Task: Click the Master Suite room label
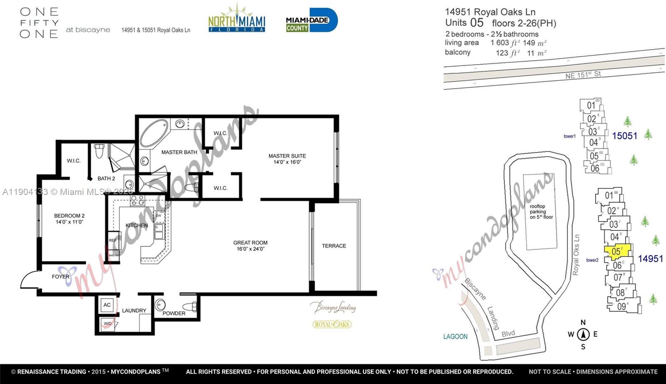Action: click(x=287, y=159)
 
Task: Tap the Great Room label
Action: click(x=250, y=245)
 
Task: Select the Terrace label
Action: click(x=334, y=246)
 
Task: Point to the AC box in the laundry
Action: click(x=107, y=305)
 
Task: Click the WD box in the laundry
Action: click(x=107, y=323)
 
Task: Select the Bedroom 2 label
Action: click(x=69, y=219)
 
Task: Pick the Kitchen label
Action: click(x=137, y=225)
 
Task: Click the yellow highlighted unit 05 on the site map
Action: click(x=617, y=251)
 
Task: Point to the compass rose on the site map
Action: click(x=583, y=334)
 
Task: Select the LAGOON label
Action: click(x=455, y=337)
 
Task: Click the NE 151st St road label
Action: click(x=583, y=75)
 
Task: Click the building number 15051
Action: click(x=624, y=136)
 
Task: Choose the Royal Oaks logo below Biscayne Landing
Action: click(x=332, y=324)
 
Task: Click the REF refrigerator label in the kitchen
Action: click(x=113, y=241)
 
